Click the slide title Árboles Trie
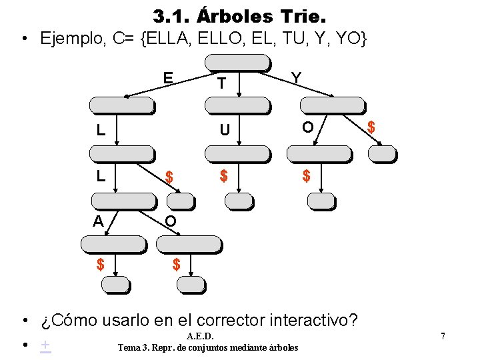click(x=239, y=15)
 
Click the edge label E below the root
click(x=169, y=78)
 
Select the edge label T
click(x=221, y=83)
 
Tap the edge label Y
click(x=296, y=78)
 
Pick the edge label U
click(x=225, y=129)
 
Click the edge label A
click(x=98, y=221)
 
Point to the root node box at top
click(x=237, y=62)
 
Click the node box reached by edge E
click(x=121, y=105)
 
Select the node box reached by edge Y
click(x=332, y=105)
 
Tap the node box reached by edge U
click(x=237, y=153)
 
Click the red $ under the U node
click(x=224, y=176)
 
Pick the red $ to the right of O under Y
click(x=371, y=127)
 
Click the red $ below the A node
click(x=100, y=265)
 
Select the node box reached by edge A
click(x=112, y=244)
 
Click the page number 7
click(x=443, y=337)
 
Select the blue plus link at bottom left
click(x=45, y=345)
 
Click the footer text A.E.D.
click(x=201, y=337)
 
